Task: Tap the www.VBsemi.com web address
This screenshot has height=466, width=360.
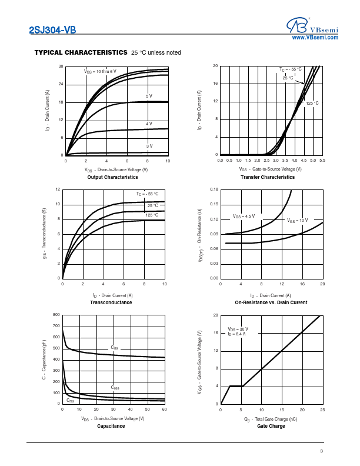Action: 316,37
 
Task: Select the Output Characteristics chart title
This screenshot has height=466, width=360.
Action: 112,177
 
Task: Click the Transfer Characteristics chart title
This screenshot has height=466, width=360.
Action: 268,177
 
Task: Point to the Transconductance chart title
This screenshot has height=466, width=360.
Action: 111,302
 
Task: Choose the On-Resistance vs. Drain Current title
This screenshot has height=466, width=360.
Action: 271,302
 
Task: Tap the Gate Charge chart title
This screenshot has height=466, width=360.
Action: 271,426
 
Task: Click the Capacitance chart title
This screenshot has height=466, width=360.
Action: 111,426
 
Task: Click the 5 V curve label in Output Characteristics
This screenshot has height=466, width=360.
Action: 149,96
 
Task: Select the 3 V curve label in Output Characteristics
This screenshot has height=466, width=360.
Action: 149,146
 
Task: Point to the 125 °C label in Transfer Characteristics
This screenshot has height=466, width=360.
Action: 312,104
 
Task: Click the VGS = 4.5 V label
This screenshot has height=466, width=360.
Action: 244,216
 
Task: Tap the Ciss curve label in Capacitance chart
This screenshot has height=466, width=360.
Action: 114,348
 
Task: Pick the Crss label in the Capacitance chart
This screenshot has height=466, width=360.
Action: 70,400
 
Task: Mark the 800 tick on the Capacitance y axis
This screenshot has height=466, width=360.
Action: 56,315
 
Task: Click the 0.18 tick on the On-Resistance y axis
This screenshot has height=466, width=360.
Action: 215,189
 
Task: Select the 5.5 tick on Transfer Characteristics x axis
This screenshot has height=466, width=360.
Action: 322,161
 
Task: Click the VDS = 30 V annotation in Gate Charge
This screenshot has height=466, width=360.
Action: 238,329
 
